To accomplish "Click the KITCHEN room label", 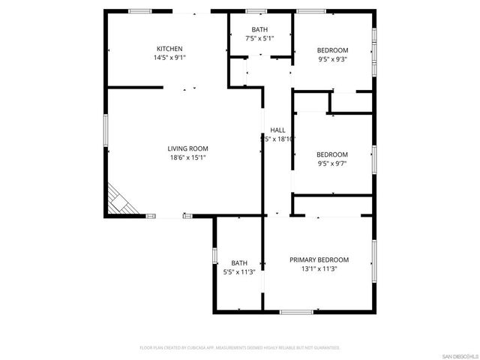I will tap(169, 48).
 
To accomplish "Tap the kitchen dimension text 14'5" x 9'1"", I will tap(169, 57).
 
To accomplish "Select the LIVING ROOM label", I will tap(187, 148).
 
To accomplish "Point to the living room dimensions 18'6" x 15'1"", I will tap(187, 157).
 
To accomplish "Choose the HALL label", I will tap(277, 130).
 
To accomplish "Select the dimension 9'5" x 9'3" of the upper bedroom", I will tap(333, 59).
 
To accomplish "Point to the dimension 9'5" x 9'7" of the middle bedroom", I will tap(333, 163).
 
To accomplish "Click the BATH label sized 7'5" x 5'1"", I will tap(259, 29).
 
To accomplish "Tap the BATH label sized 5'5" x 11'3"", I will tap(239, 262).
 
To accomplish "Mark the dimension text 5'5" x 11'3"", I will tap(239, 271).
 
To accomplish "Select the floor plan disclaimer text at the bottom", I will tap(240, 347).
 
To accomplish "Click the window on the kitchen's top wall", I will tap(139, 10).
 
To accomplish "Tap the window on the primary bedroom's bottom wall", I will tap(296, 310).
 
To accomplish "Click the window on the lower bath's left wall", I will tap(215, 256).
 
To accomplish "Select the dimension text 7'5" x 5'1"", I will tap(259, 38).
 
